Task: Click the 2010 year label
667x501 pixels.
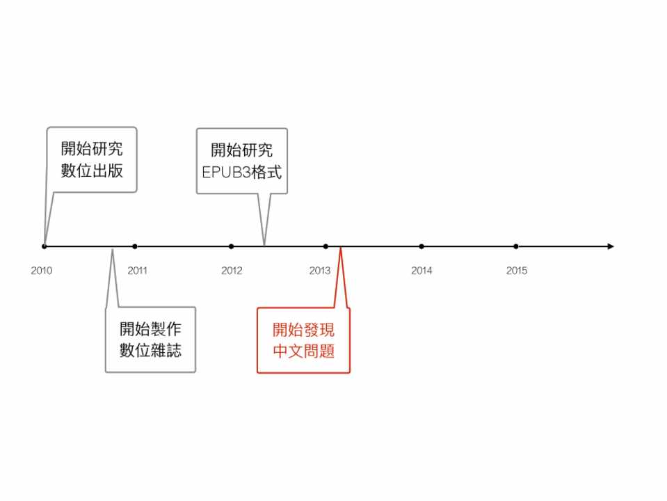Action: (41, 271)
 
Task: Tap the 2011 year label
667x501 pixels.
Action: (137, 271)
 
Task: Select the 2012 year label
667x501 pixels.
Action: (232, 271)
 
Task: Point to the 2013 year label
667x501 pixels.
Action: (320, 271)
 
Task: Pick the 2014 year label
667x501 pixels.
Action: (421, 271)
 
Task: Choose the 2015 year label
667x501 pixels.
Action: (517, 271)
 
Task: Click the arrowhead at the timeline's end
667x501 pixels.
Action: (610, 246)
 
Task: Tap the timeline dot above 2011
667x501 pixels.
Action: (135, 246)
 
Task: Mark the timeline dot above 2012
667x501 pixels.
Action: (231, 246)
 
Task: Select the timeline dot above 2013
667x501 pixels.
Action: (326, 246)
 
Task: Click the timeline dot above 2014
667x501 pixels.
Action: (421, 246)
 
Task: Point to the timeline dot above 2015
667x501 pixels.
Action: (516, 246)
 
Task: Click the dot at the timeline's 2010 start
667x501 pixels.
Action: (45, 246)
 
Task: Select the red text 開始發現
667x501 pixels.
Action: (303, 330)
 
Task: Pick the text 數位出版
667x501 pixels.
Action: (92, 170)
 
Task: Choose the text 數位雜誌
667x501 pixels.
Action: (150, 351)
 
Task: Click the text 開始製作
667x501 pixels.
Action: (150, 329)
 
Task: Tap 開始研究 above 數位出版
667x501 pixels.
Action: (92, 148)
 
